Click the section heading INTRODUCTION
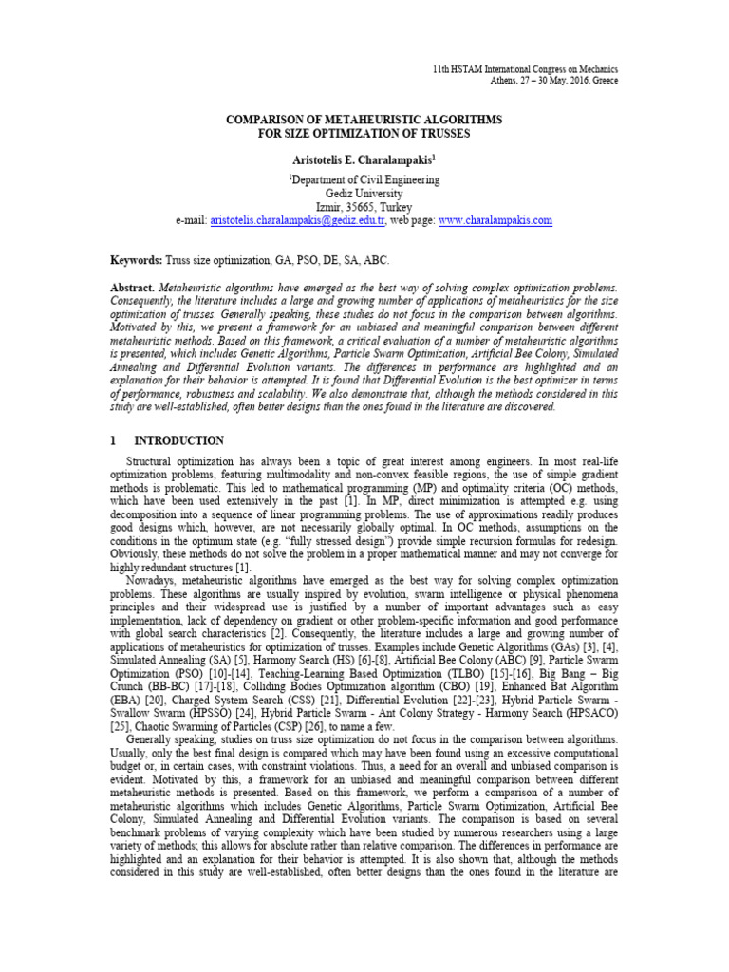point(179,441)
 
